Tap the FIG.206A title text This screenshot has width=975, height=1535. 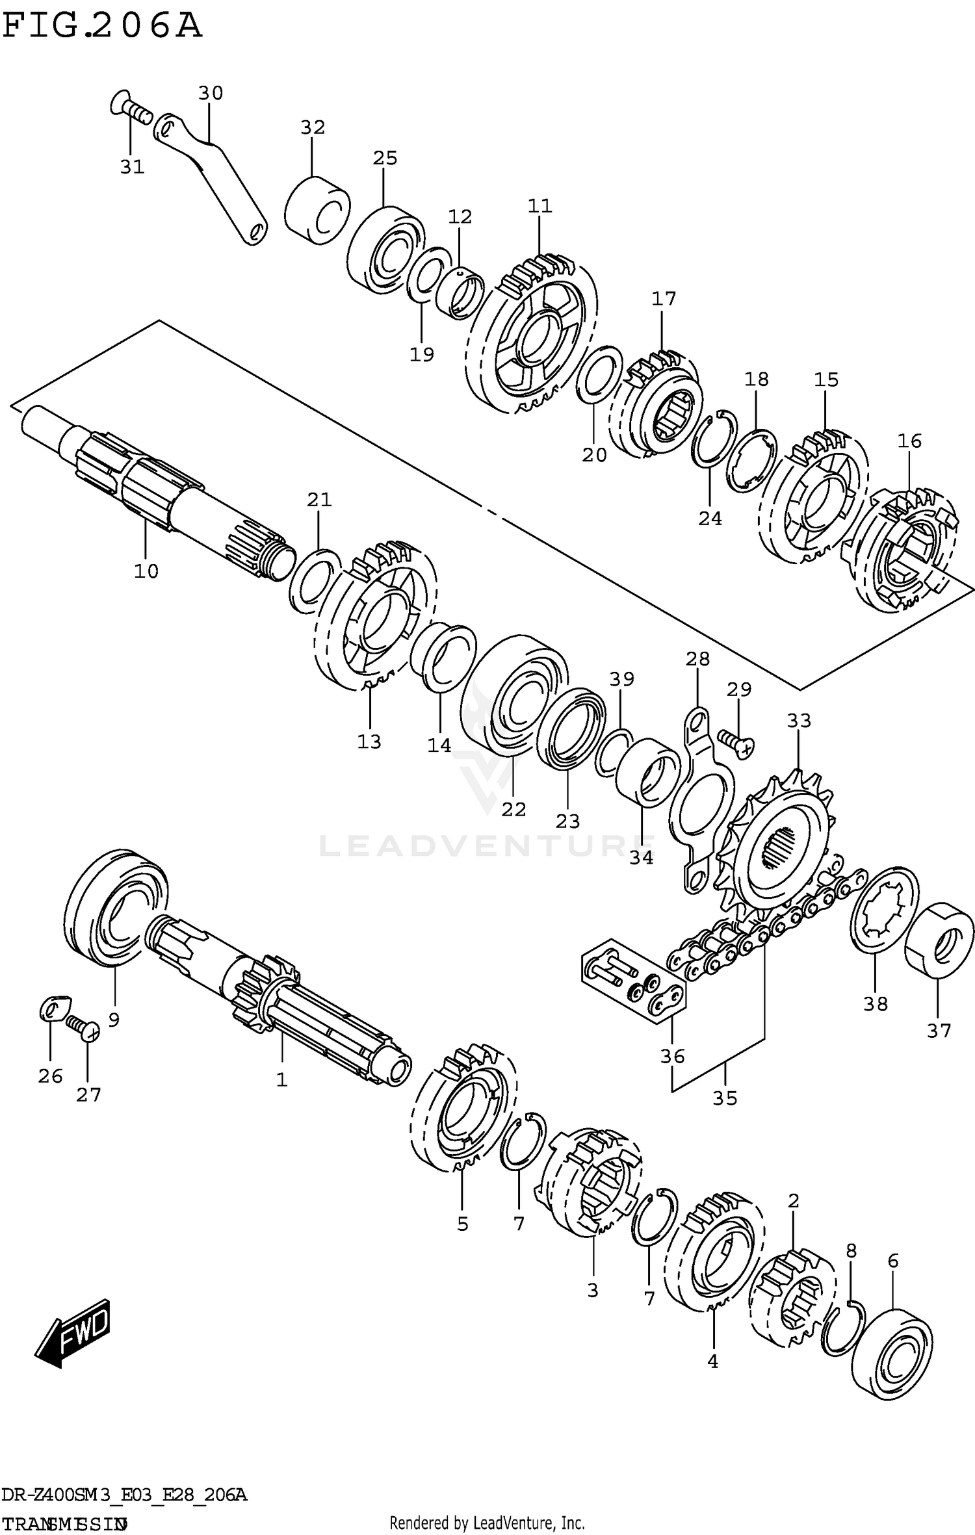click(x=102, y=27)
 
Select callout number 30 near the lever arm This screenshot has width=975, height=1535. click(x=210, y=94)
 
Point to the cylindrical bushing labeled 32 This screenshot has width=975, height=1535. click(x=317, y=209)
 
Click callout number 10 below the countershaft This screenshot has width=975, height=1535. click(x=146, y=571)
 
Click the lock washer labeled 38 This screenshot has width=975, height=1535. click(x=885, y=912)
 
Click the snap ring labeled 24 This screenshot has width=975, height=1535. click(x=714, y=439)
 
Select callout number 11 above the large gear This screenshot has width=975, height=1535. click(x=539, y=206)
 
